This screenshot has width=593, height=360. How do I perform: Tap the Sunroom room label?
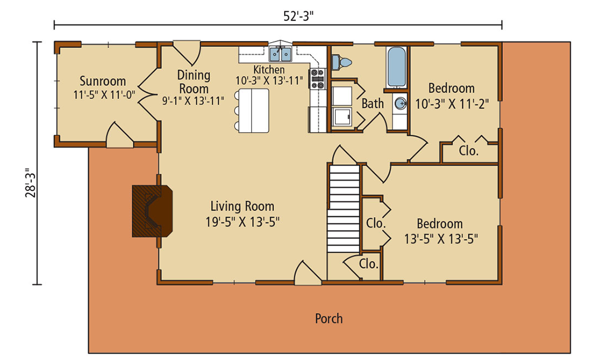103,81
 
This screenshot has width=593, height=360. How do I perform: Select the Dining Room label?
194,82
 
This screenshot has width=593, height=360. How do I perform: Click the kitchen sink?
280,55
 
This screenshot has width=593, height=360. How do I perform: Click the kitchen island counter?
251,111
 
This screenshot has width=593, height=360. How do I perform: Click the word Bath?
372,104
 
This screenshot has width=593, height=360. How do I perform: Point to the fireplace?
152,211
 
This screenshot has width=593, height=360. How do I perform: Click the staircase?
344,208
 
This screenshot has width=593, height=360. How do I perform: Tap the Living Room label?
243,206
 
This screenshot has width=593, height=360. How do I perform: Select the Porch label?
329,318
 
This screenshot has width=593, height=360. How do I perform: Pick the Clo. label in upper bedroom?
468,151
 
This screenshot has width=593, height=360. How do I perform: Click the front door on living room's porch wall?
307,274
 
